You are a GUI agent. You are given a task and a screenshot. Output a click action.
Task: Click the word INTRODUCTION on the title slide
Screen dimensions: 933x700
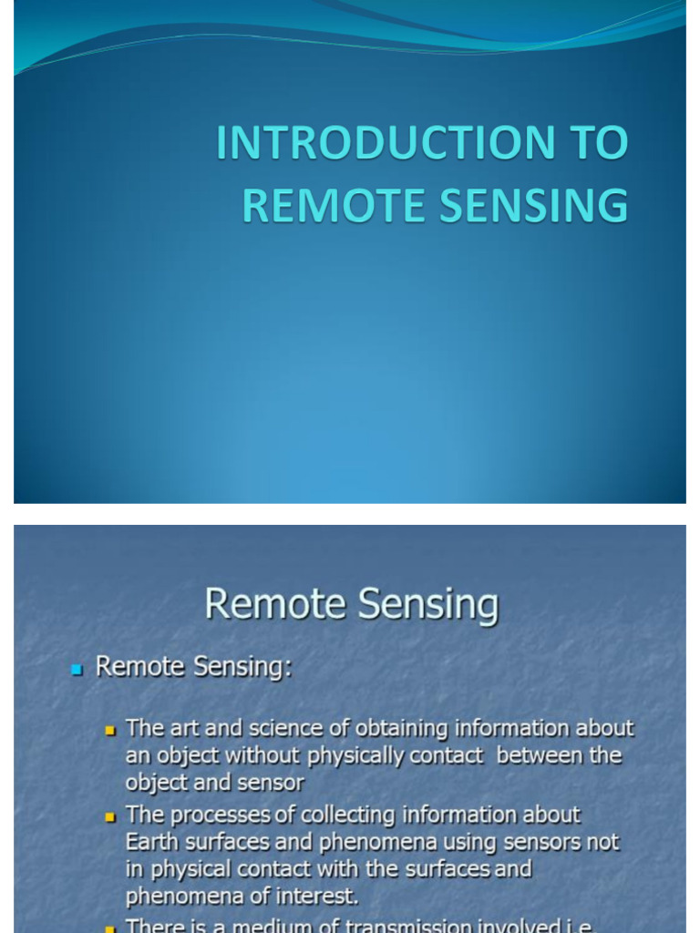(x=385, y=143)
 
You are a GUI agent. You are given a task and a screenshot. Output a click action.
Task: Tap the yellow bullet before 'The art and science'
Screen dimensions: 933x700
(x=111, y=731)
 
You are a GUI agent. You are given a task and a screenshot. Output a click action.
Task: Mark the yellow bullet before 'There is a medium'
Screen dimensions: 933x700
(x=111, y=928)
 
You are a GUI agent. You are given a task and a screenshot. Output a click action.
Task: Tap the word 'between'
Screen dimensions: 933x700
(x=535, y=756)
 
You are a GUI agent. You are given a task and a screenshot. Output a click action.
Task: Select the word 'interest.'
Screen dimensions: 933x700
(x=310, y=897)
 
